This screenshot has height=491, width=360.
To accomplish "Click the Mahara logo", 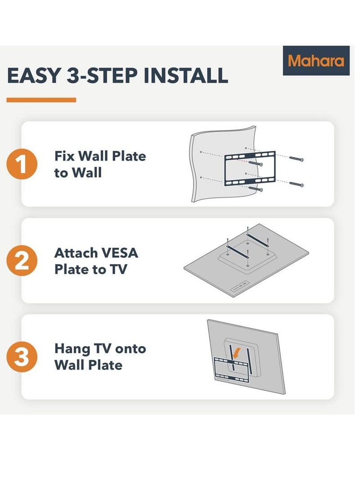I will (316, 61).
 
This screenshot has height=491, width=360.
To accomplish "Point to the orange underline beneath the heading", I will (41, 100).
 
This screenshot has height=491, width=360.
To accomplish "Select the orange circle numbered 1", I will (21, 164).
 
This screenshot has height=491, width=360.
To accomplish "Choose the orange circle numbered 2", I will (21, 261).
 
